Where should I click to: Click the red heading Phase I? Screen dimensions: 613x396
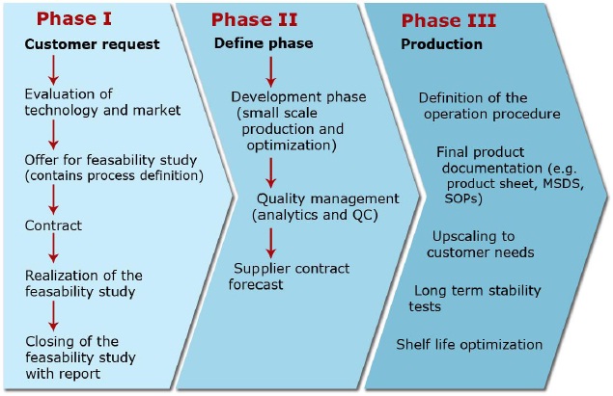point(74,18)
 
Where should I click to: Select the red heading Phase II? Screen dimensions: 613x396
point(254,19)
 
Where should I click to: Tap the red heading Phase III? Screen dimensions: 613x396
point(449,20)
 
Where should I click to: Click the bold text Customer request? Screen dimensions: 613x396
point(93,44)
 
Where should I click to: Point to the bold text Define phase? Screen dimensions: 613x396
point(264,43)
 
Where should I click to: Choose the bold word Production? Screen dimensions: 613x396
point(442,44)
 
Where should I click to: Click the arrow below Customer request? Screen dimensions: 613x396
point(53,69)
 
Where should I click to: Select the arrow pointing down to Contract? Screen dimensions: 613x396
point(53,199)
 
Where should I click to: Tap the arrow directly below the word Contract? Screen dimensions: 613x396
point(53,248)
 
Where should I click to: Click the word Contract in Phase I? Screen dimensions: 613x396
point(53,225)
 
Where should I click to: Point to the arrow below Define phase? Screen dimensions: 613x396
point(270,72)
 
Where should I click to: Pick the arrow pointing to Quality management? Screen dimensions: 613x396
point(270,172)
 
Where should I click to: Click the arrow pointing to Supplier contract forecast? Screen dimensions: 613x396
point(270,243)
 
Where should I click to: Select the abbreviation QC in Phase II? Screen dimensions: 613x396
point(363,215)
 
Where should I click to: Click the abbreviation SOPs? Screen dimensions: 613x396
point(463,199)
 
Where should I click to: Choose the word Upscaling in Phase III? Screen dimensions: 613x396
point(460,236)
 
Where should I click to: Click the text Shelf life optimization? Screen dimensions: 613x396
point(469,345)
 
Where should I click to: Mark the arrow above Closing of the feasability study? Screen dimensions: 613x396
point(53,316)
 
